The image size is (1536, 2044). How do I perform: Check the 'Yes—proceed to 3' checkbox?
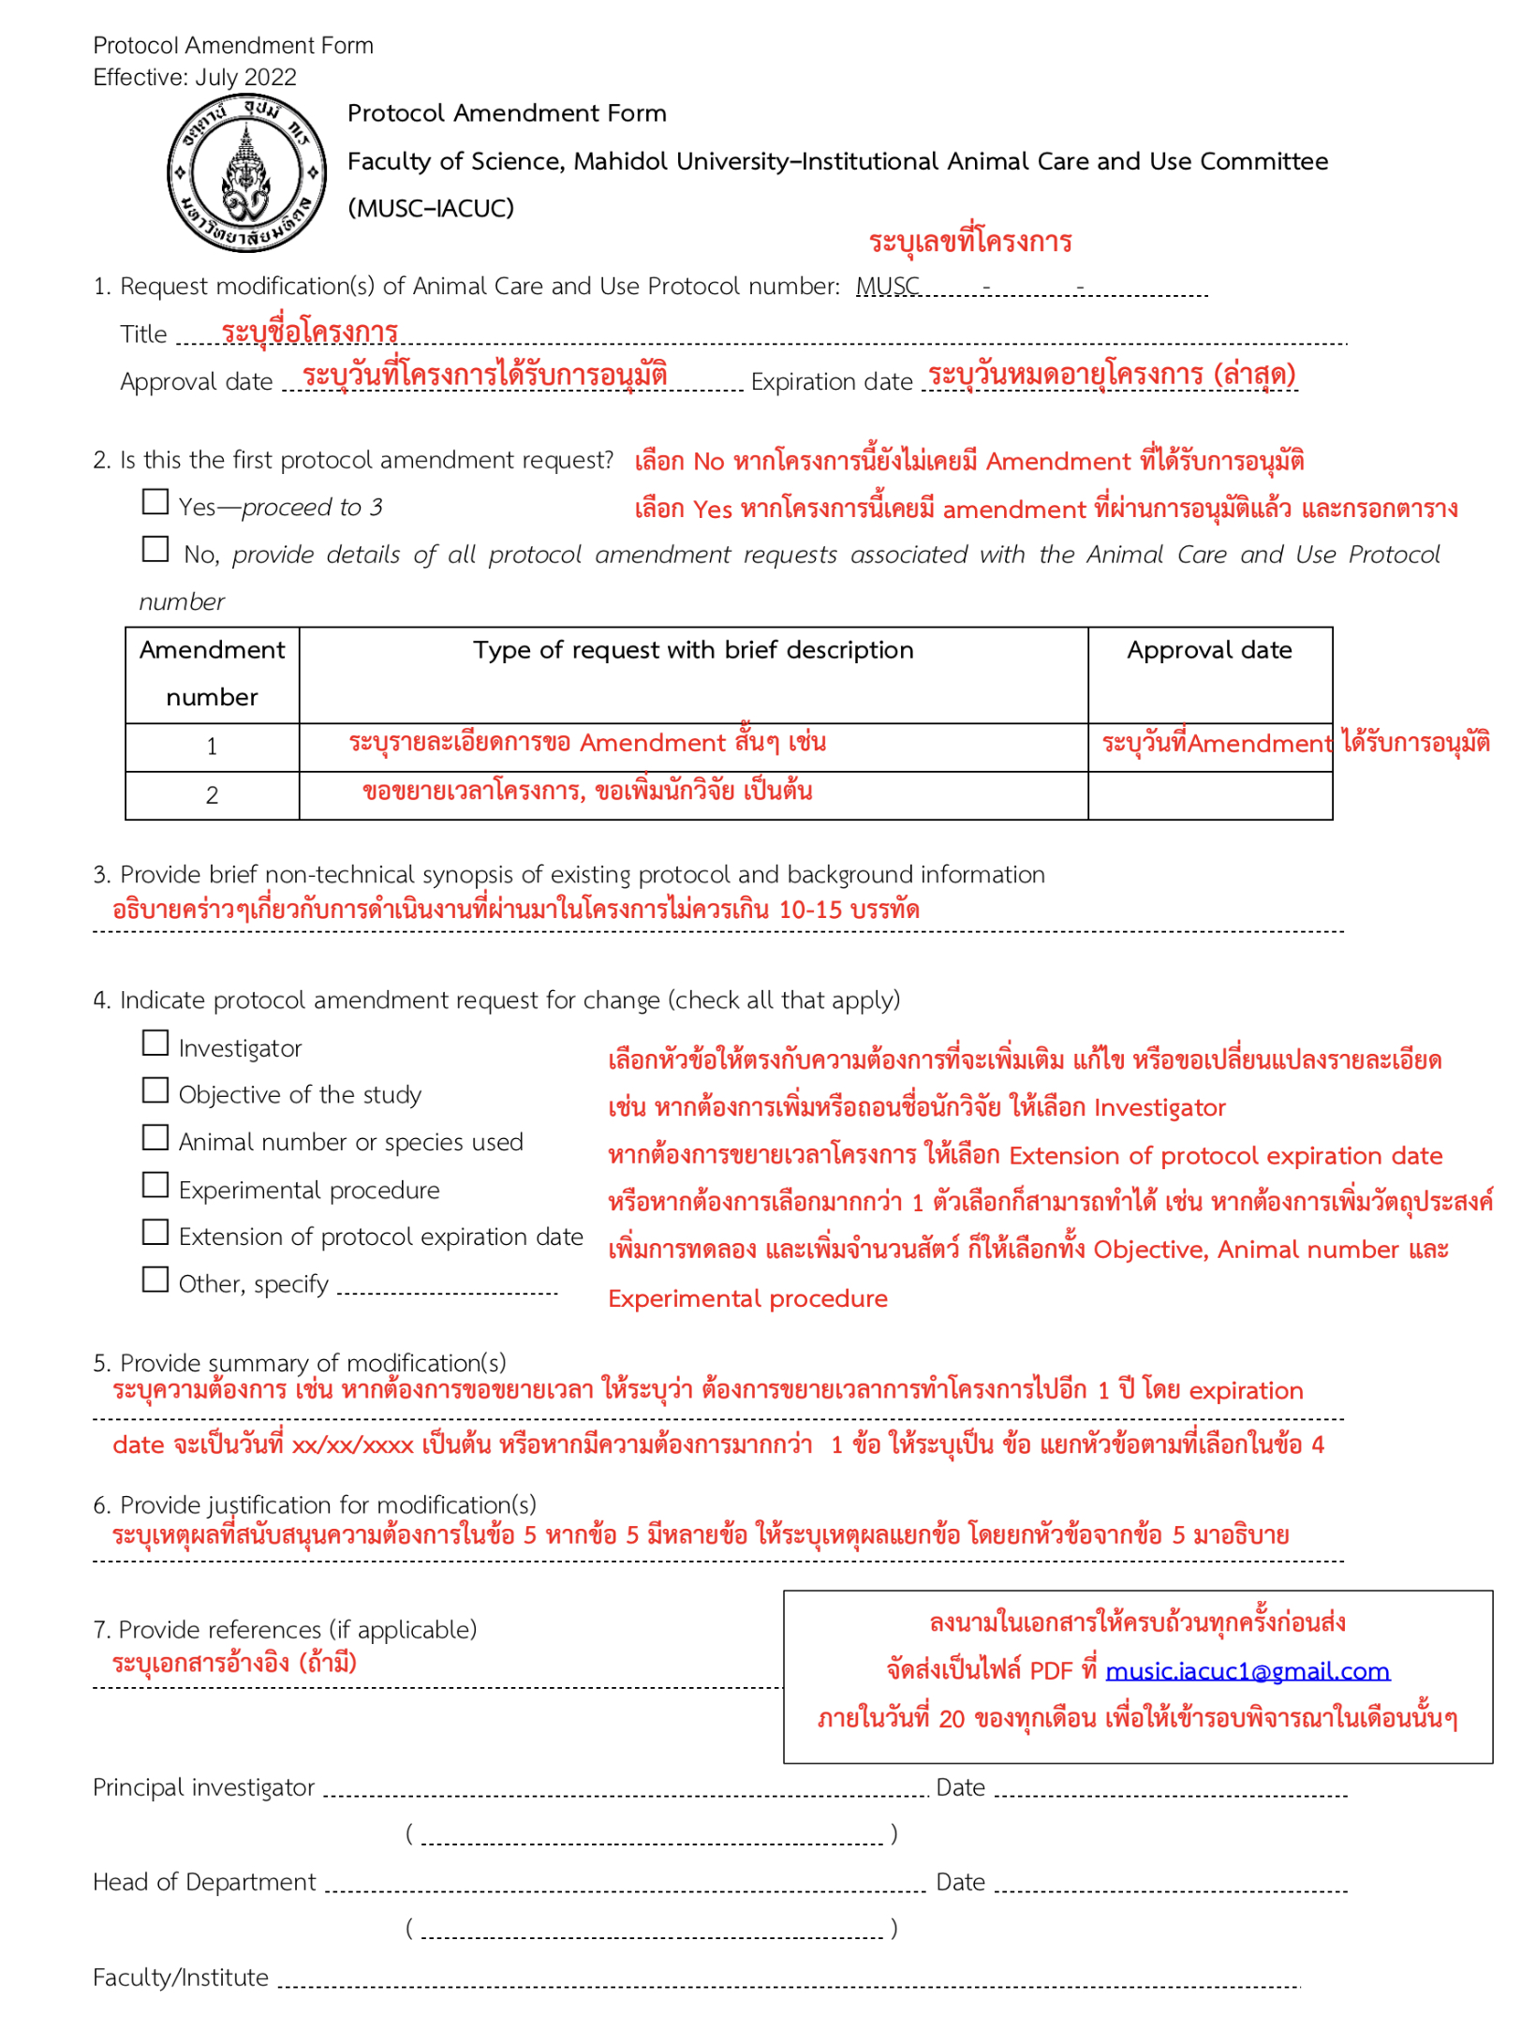(155, 502)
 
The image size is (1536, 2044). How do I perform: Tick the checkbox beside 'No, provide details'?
(155, 549)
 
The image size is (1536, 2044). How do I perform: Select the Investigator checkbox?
(155, 1044)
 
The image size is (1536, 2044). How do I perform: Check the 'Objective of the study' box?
(155, 1090)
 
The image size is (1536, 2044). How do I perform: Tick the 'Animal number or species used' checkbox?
(155, 1138)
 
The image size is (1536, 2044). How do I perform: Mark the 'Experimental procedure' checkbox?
(155, 1185)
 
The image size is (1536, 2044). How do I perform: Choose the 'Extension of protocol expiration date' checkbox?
(155, 1233)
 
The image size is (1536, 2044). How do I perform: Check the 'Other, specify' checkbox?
(155, 1280)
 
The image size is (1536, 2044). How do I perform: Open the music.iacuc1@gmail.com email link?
(1248, 1671)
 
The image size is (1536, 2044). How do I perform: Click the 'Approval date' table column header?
(1210, 651)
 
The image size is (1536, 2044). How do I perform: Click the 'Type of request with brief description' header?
(693, 651)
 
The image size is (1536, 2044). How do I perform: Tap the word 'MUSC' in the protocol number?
(888, 286)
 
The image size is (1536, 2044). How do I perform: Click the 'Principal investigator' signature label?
(204, 1788)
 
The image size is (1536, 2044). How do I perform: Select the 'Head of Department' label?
(204, 1883)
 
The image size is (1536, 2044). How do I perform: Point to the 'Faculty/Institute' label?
(181, 1977)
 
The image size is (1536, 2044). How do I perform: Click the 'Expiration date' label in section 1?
(832, 382)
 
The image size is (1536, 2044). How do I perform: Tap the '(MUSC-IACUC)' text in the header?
(431, 208)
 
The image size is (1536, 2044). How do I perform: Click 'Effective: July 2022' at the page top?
(195, 77)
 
